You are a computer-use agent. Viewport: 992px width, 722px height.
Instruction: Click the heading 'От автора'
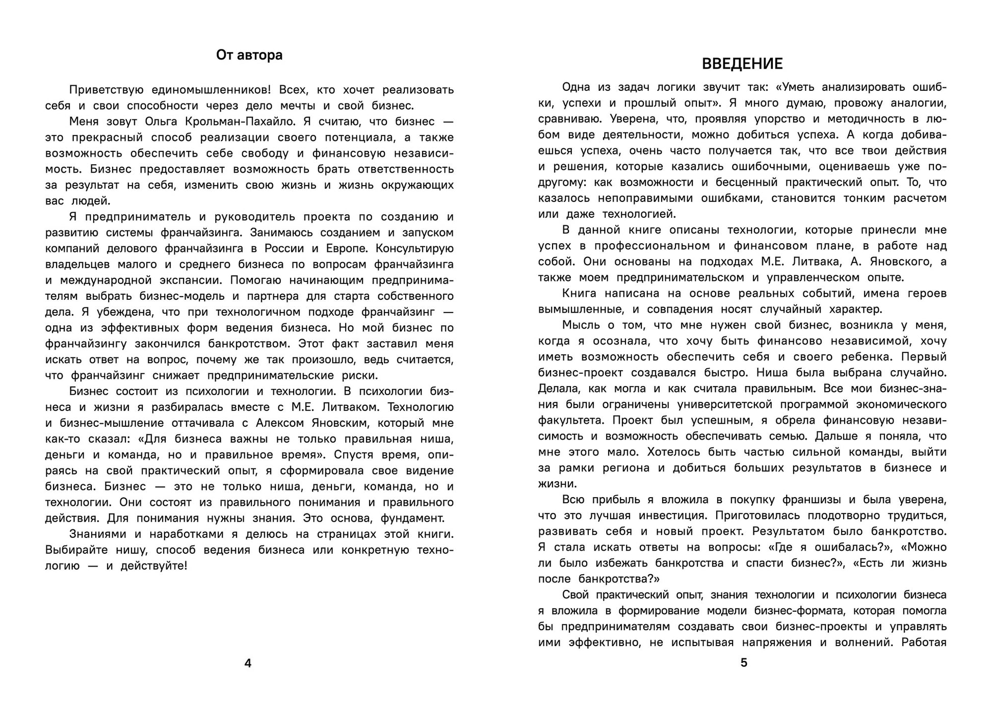(249, 55)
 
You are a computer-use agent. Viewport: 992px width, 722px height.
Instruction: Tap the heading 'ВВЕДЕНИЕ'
(742, 64)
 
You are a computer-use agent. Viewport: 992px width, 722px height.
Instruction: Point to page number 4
(248, 663)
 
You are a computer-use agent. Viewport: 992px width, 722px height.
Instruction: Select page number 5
(744, 663)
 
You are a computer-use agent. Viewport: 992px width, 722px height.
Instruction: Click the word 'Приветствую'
(105, 90)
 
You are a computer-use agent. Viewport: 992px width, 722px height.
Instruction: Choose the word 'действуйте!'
(154, 566)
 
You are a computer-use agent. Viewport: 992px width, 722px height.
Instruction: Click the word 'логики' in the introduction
(663, 87)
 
